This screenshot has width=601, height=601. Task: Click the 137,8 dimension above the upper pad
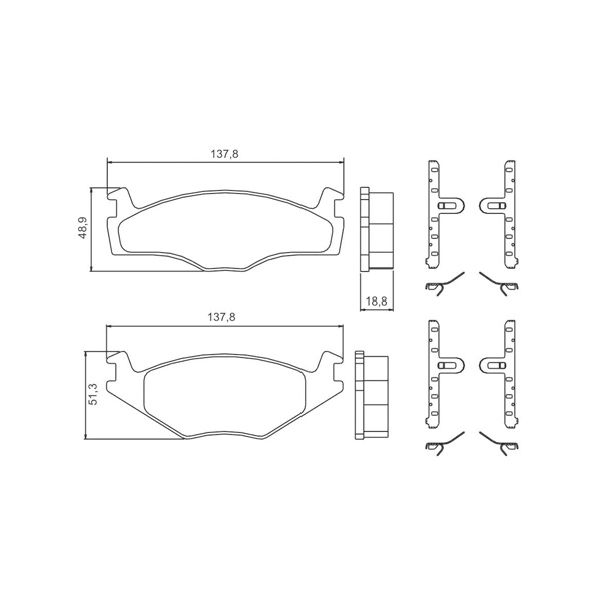coord(225,154)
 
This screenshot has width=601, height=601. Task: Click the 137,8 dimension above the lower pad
coord(222,317)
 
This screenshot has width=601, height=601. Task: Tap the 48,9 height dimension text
coord(83,228)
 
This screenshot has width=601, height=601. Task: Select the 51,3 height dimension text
coord(93,394)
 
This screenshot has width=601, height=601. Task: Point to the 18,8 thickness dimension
coord(376,302)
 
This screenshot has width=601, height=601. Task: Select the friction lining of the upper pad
coord(225,231)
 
